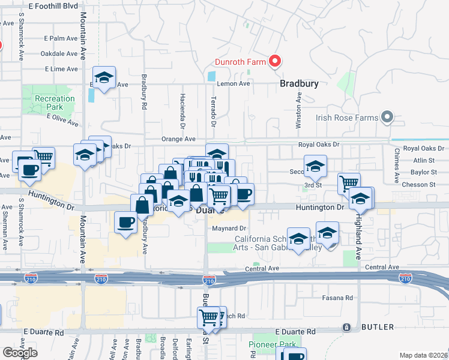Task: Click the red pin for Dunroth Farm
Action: coord(276,61)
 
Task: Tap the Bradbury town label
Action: coord(299,85)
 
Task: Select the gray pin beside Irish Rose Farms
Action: coord(388,118)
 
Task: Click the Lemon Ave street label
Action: coord(233,84)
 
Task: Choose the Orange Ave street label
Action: coord(178,139)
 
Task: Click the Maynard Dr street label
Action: coord(229,229)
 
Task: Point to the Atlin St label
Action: coord(424,160)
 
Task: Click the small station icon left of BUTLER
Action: coord(346,327)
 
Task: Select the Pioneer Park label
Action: coord(273,345)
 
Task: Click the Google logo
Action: coord(20,353)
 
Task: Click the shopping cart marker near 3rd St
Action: coord(349,182)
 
